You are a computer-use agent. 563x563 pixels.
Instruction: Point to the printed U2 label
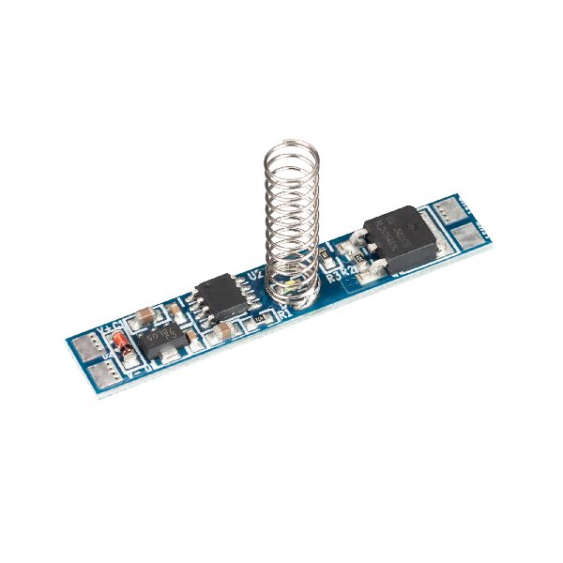point(253,275)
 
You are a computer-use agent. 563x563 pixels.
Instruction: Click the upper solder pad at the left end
point(86,347)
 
